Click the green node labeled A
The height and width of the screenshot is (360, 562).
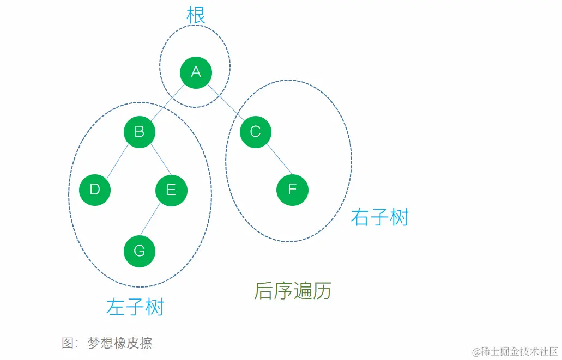[196, 72]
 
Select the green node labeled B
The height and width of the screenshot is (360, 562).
[140, 132]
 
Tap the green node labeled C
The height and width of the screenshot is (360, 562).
[255, 132]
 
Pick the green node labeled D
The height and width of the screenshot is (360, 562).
[95, 190]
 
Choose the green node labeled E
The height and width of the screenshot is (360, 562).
[171, 190]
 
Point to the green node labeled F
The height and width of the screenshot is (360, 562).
[292, 190]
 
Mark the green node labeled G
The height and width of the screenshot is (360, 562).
[140, 251]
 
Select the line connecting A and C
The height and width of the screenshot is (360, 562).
[225, 102]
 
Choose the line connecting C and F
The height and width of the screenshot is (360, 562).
[274, 161]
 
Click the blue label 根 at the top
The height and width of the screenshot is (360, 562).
[196, 16]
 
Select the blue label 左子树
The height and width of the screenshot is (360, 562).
[135, 307]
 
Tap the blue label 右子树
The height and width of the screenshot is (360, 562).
[379, 217]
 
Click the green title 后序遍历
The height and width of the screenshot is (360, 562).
[293, 291]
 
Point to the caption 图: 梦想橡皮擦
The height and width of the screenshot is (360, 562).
[107, 343]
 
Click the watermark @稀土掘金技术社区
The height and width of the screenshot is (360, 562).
[515, 351]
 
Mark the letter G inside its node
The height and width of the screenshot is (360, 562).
[140, 251]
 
